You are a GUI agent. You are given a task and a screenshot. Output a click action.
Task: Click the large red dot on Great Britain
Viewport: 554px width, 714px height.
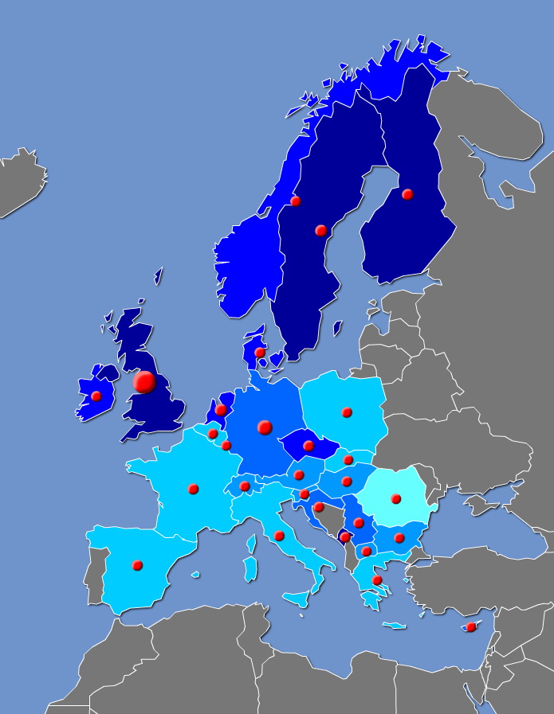point(144,382)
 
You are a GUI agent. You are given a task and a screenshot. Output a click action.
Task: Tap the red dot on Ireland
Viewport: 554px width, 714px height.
point(96,396)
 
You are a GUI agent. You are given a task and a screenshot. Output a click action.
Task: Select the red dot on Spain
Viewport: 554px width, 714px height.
point(137,565)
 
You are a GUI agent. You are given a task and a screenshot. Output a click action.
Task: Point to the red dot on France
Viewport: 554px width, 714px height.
point(193,489)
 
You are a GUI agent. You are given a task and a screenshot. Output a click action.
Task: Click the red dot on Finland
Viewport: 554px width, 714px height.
point(407,194)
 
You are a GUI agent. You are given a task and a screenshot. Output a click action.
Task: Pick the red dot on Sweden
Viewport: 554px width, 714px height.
point(321,231)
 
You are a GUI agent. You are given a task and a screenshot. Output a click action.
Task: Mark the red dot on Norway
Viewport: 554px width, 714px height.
point(296,201)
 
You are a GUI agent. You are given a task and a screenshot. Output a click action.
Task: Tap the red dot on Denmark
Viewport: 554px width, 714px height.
point(260,353)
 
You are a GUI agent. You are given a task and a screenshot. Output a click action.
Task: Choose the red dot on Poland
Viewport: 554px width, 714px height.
point(347,412)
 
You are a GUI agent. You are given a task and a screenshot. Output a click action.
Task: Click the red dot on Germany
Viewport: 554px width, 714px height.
point(265,427)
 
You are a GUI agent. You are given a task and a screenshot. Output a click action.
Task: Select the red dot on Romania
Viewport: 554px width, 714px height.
point(395,499)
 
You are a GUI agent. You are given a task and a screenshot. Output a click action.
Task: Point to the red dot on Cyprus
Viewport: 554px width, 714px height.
point(471,627)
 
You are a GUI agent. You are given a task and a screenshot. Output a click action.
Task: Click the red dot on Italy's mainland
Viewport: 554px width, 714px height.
point(279,536)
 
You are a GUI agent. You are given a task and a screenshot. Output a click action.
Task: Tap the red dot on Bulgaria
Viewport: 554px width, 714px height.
point(399,538)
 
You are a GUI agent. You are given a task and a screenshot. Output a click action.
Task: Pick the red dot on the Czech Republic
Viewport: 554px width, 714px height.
point(308,446)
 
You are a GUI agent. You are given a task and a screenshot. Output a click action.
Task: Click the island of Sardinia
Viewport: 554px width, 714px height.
point(250,569)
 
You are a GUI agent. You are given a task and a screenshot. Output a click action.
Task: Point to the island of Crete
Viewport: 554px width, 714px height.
point(394,626)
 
